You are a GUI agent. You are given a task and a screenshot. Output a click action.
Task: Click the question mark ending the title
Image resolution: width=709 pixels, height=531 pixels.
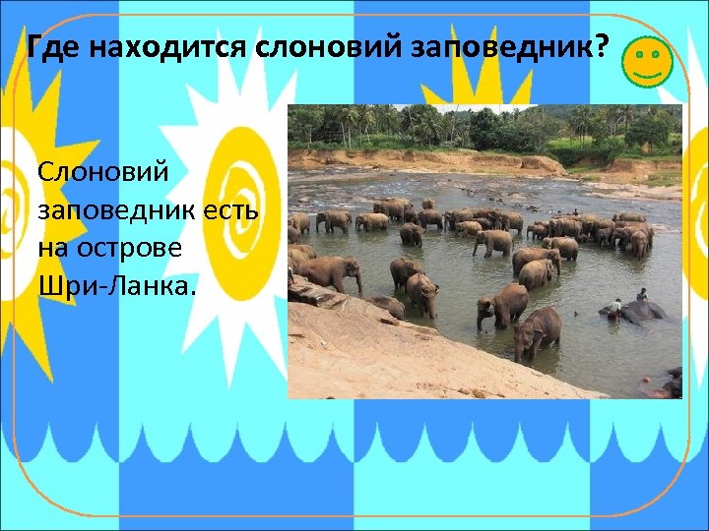point(602,46)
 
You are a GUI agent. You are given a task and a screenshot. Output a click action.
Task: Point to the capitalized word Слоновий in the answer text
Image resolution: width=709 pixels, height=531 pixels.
point(103,172)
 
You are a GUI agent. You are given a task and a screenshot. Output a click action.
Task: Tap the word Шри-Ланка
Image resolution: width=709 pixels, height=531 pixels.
point(117,284)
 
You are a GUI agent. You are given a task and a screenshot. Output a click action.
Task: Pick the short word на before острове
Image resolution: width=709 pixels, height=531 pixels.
point(53,247)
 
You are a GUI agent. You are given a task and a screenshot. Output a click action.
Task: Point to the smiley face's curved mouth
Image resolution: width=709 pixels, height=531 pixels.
point(647,74)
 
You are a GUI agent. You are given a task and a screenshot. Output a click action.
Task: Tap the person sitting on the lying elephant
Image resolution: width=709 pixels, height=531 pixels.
point(642,295)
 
